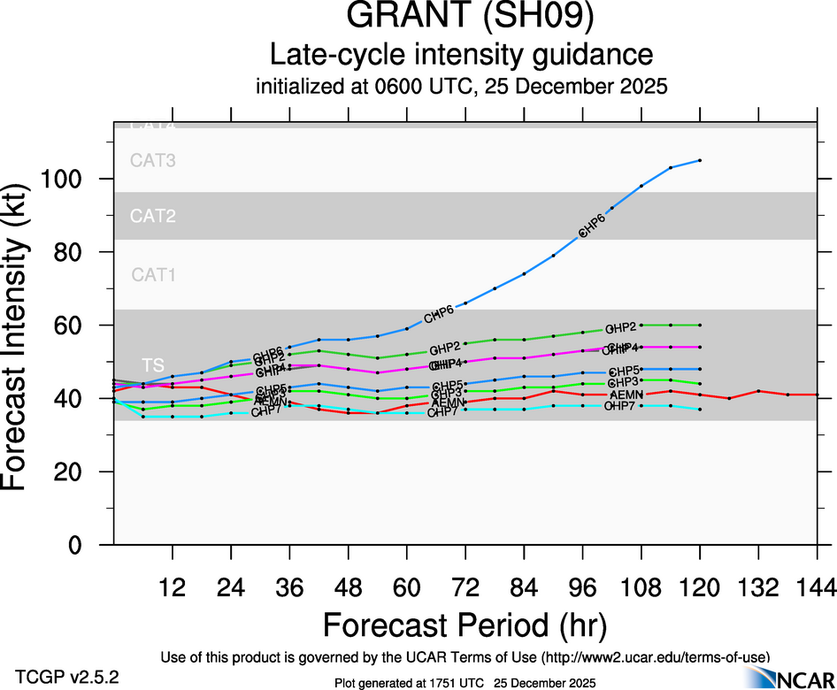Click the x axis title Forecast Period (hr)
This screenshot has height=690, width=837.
coord(465,625)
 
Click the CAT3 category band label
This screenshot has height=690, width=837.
coord(153,161)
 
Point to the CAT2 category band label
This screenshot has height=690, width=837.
coord(153,216)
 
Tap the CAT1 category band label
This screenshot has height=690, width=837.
coord(153,275)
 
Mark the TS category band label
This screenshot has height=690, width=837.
coord(152,365)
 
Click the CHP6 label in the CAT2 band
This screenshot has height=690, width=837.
coord(591,226)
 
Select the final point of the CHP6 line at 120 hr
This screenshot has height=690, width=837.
coord(700,160)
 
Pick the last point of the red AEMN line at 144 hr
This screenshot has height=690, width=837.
coord(817,395)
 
